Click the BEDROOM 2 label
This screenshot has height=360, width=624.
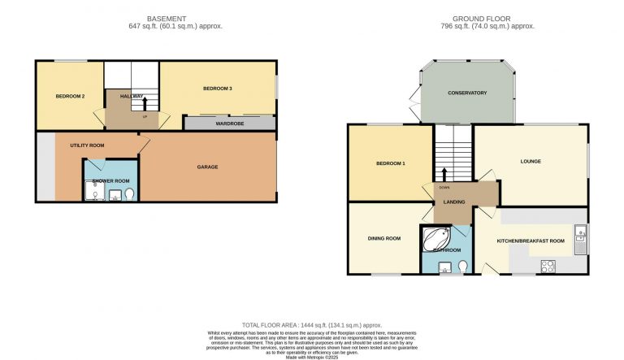pos(70,97)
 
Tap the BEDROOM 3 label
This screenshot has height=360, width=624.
pos(218,88)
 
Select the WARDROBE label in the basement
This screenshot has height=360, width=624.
pos(230,125)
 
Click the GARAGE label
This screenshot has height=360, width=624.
pos(207,167)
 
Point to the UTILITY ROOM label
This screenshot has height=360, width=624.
pos(87,145)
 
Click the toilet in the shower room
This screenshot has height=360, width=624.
pos(129,193)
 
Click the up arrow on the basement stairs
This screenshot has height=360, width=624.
pos(145,102)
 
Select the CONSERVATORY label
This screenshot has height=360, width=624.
pos(467,93)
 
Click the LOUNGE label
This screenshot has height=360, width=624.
pos(531,161)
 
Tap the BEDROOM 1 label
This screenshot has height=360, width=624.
pos(390,164)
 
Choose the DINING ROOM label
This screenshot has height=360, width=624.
pos(384,238)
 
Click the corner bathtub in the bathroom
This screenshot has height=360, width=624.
pos(435,239)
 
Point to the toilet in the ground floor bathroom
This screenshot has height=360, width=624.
pos(462,266)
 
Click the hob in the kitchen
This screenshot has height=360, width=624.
pos(547,264)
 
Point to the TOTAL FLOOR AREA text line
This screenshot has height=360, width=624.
pos(311,324)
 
